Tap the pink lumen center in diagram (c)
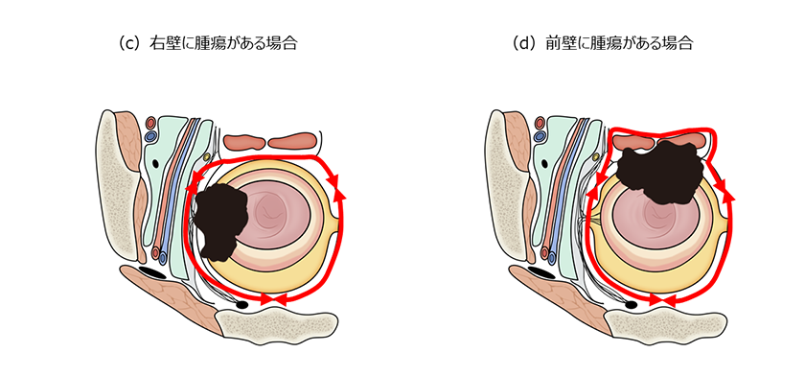pos(274,216)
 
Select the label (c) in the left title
pos(125,43)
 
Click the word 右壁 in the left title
pos(159,43)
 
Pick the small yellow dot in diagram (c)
pos(208,156)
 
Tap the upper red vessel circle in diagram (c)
pos(151,123)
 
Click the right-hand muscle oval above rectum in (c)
pos(293,143)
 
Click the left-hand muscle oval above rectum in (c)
pos(243,143)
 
